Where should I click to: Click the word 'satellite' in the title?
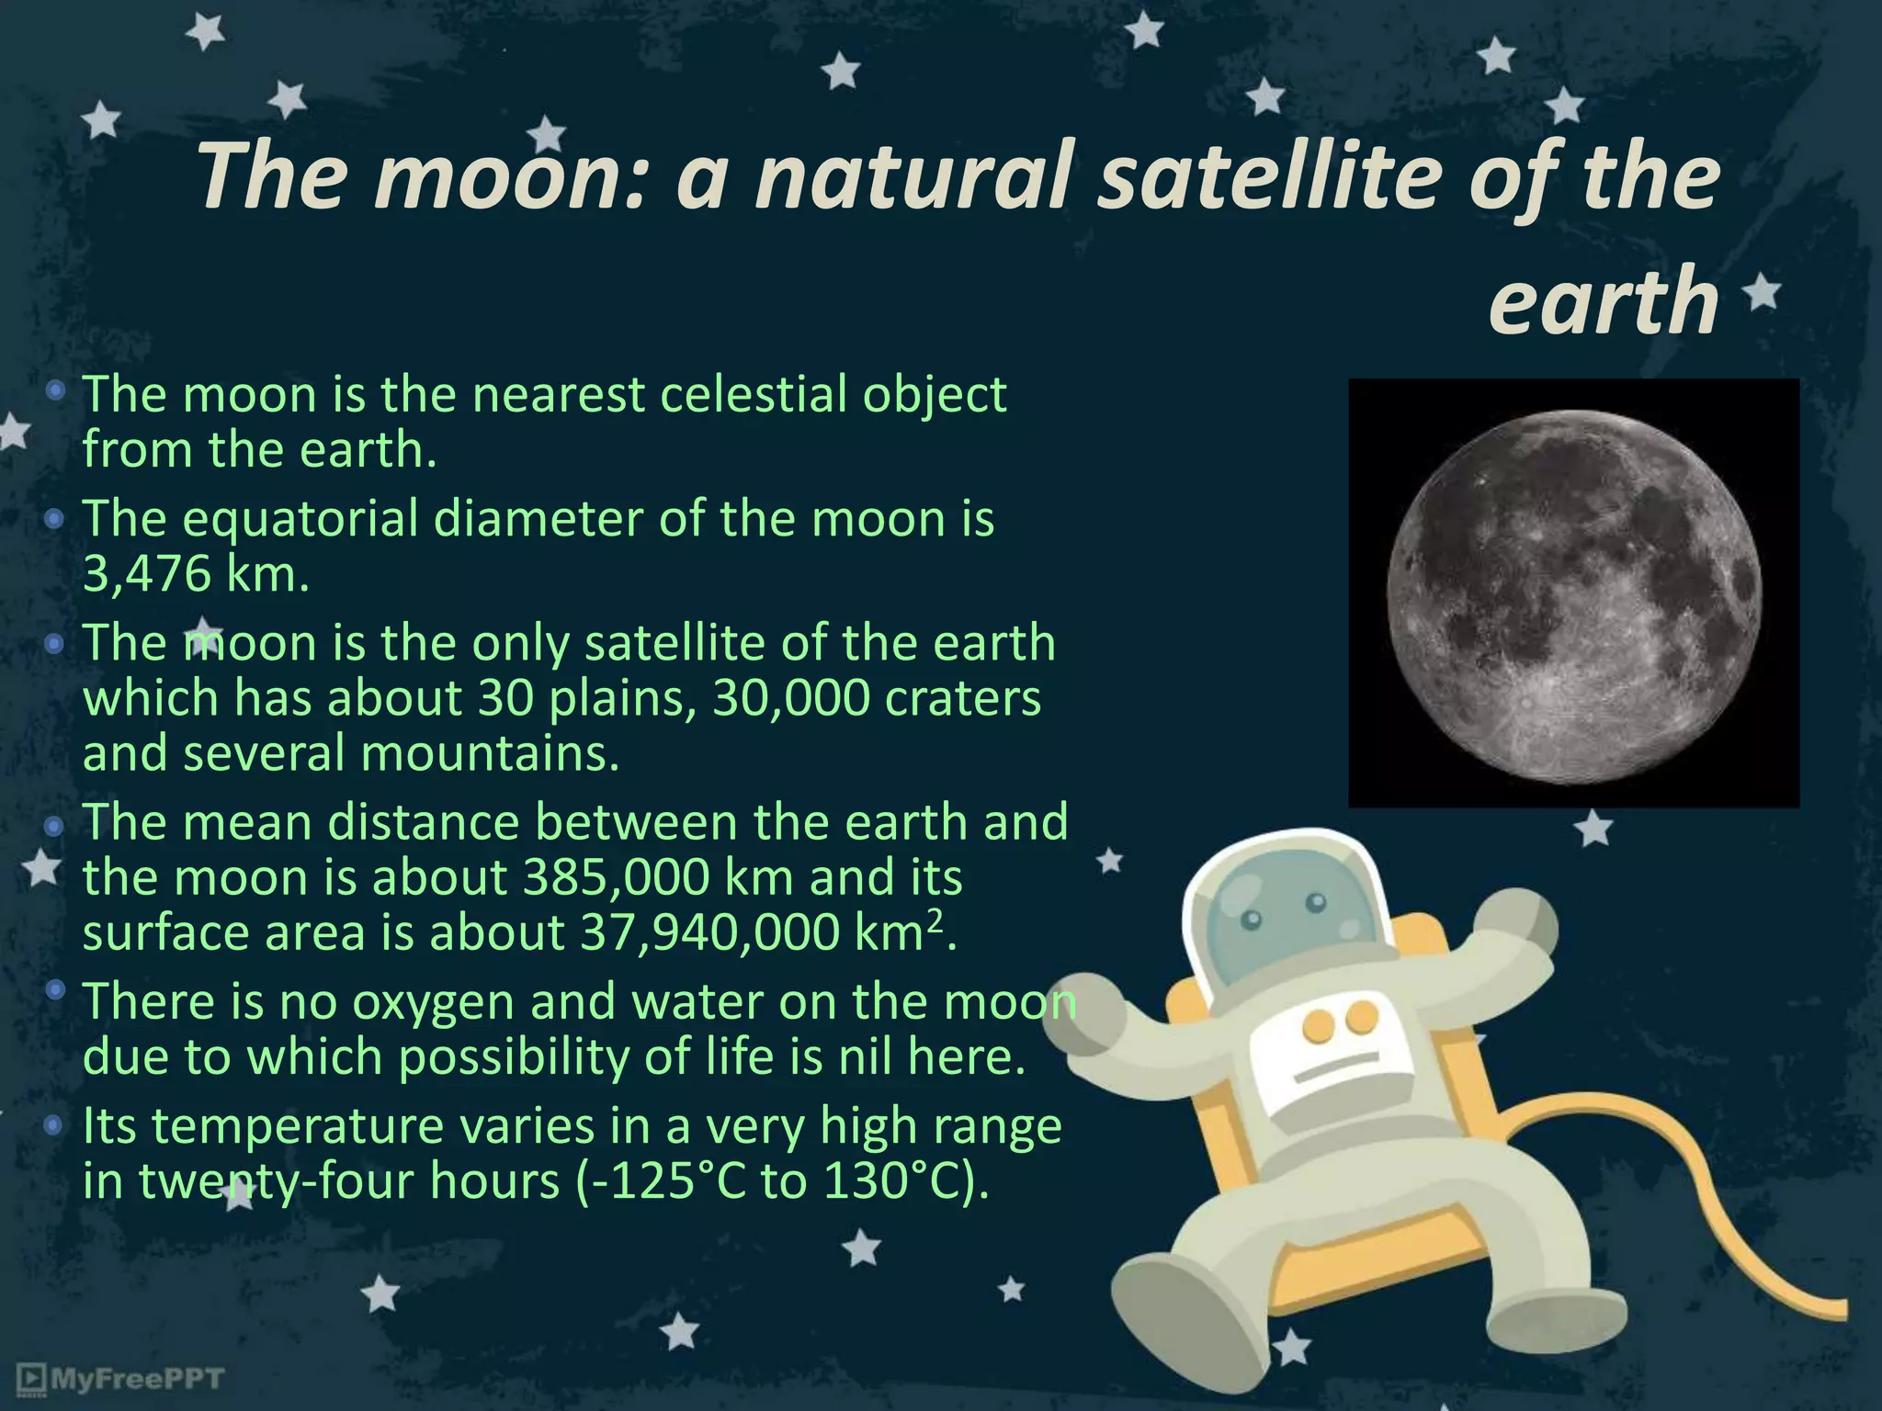point(1268,176)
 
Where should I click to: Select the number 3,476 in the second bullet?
point(147,575)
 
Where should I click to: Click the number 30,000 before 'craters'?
point(791,698)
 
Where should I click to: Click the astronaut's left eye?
point(1252,920)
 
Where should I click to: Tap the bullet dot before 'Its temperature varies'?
point(55,1124)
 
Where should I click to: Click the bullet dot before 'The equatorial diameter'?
point(55,520)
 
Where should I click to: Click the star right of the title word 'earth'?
point(1762,295)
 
